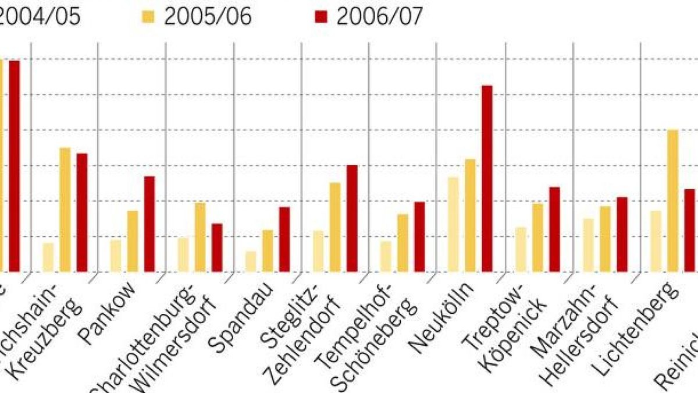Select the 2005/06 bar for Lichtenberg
tap(672, 200)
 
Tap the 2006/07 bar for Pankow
tap(149, 224)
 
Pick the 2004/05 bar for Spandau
tap(251, 261)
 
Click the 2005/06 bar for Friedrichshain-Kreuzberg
tap(65, 210)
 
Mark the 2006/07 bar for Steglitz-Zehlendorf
tap(352, 218)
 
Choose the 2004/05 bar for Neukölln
tap(453, 224)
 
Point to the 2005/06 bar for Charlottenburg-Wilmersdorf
tap(200, 237)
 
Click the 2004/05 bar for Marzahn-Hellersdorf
tap(588, 245)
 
